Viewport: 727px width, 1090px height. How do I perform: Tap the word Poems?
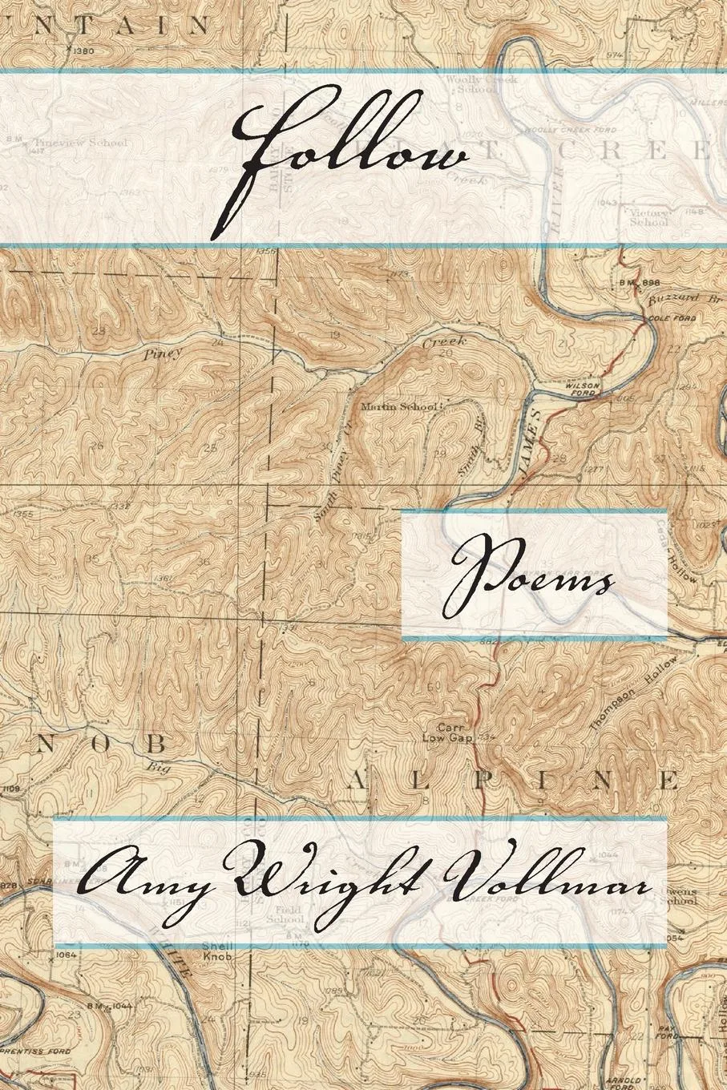point(532,575)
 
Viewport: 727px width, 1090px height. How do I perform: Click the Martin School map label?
point(398,407)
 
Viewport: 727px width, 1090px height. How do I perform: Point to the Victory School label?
point(648,217)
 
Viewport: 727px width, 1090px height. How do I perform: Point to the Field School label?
point(287,915)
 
